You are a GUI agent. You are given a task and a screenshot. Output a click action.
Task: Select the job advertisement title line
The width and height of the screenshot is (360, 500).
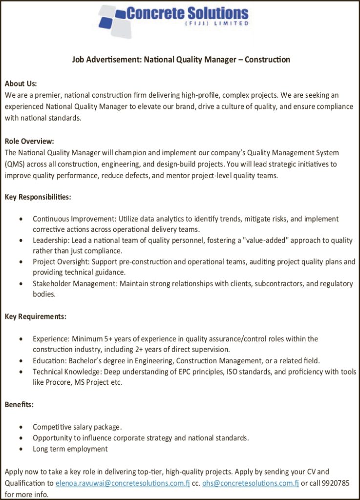[x=181, y=60]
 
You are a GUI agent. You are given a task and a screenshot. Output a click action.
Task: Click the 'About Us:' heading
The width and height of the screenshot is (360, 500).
[x=21, y=84]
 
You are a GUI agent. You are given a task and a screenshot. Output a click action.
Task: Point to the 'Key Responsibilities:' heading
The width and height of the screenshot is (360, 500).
[x=38, y=197]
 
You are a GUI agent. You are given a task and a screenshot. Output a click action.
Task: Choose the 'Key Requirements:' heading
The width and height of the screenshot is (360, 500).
[x=36, y=316]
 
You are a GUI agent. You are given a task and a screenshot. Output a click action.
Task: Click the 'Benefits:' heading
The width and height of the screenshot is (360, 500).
[x=19, y=404]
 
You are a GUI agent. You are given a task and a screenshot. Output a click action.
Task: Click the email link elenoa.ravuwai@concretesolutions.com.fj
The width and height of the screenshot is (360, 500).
[x=123, y=483]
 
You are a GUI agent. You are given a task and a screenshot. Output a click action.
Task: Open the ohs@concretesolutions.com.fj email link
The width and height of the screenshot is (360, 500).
[x=251, y=483]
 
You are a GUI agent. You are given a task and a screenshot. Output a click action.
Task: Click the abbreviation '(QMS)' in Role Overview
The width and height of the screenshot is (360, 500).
[x=15, y=165]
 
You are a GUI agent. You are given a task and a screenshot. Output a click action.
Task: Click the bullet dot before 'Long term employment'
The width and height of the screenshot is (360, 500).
[x=21, y=449]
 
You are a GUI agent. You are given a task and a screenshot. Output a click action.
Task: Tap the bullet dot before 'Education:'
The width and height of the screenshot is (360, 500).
[x=21, y=361]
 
